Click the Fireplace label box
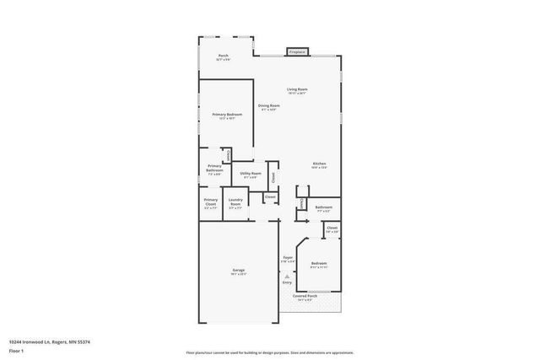pyautogui.click(x=297, y=51)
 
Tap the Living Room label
pyautogui.click(x=296, y=90)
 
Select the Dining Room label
pyautogui.click(x=269, y=107)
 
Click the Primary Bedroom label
pyautogui.click(x=227, y=116)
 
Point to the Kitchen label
pyautogui.click(x=320, y=165)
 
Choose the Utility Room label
pyautogui.click(x=251, y=175)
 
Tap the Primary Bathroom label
pyautogui.click(x=214, y=169)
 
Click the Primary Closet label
pyautogui.click(x=210, y=202)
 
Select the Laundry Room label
pyautogui.click(x=235, y=202)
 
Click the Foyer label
pyautogui.click(x=287, y=259)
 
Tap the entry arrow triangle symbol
pyautogui.click(x=287, y=275)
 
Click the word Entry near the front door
pyautogui.click(x=287, y=282)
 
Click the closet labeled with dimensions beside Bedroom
pyautogui.click(x=332, y=229)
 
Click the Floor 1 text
pyautogui.click(x=16, y=350)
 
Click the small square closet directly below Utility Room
pyautogui.click(x=270, y=197)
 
